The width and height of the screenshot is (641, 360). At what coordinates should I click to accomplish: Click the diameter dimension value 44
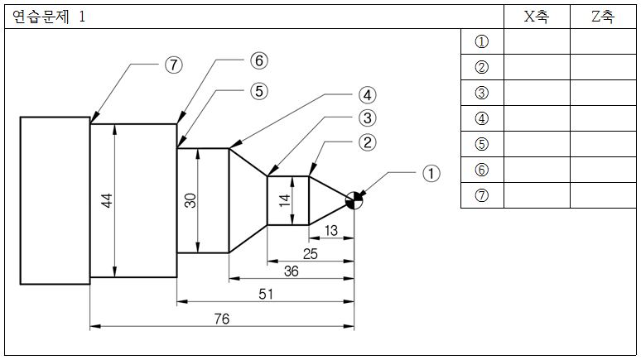tap(107, 200)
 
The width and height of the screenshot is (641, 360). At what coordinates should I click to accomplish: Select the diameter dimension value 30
tap(190, 200)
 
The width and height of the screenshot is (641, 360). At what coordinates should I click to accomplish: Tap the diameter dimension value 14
tap(285, 200)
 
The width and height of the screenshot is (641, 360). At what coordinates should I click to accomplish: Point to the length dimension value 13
tap(331, 230)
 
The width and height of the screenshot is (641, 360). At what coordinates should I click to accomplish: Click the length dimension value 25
tap(311, 254)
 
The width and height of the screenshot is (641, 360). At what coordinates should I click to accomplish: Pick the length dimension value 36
tap(292, 271)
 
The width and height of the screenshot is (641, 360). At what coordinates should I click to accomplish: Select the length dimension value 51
tap(266, 294)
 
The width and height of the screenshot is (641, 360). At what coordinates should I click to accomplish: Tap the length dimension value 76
tap(222, 319)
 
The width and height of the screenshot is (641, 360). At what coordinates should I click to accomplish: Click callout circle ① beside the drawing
tap(431, 173)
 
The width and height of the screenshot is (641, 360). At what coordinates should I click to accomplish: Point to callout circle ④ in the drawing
tap(367, 95)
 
